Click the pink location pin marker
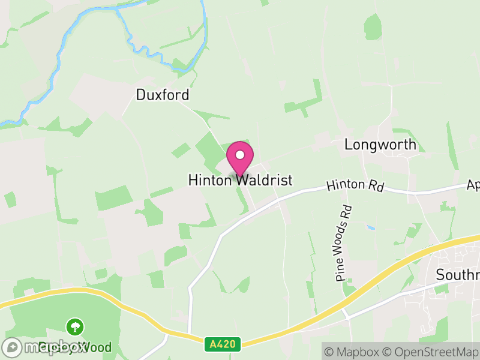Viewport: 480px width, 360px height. click(240, 158)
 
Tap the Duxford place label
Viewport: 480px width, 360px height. click(162, 95)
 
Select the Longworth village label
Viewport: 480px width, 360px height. click(380, 145)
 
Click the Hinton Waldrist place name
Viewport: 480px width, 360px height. click(240, 180)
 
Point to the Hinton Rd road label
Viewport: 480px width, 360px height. click(355, 186)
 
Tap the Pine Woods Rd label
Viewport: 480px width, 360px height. click(344, 244)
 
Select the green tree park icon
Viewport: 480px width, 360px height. click(76, 328)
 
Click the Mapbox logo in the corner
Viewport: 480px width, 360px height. click(45, 347)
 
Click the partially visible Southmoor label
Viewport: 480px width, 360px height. click(457, 275)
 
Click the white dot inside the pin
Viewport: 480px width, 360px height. click(240, 155)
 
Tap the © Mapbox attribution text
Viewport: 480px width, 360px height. click(353, 351)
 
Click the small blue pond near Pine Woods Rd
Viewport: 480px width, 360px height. click(370, 228)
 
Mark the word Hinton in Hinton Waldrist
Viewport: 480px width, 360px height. click(210, 180)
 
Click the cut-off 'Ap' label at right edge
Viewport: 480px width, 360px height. click(473, 186)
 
